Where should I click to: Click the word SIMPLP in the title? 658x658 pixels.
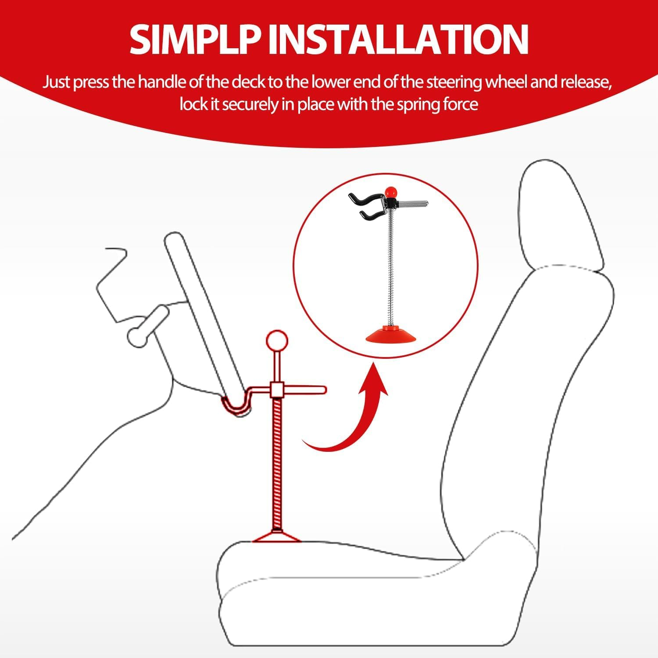[x=197, y=39]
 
